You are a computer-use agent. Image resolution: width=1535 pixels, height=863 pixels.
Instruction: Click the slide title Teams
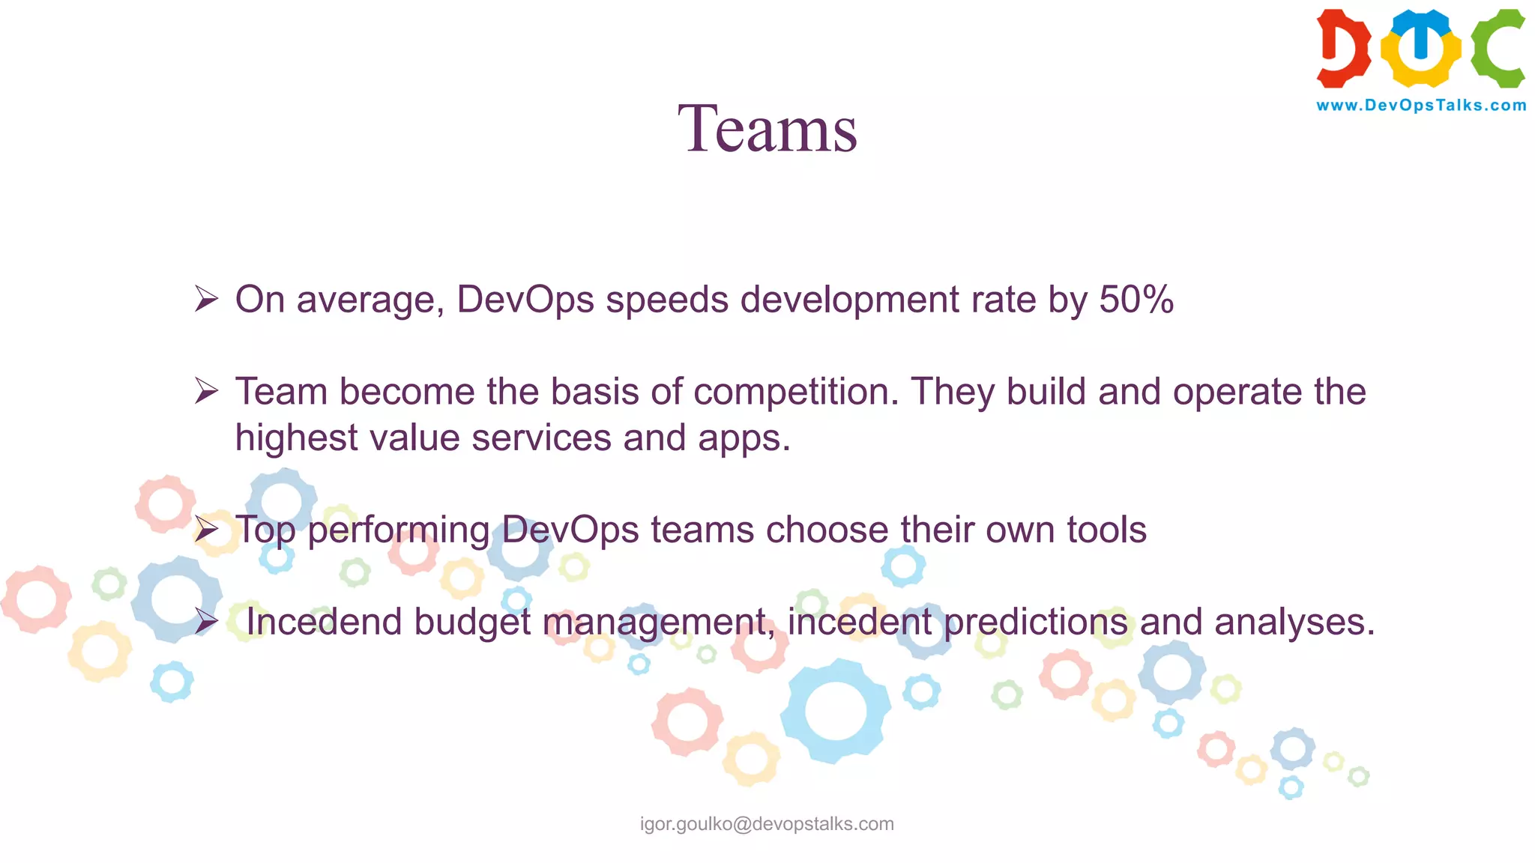pos(767,129)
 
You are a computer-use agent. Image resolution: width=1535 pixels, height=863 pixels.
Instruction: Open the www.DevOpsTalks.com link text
pos(1421,106)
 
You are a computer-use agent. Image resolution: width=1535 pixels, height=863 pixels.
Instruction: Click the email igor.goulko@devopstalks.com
pos(767,824)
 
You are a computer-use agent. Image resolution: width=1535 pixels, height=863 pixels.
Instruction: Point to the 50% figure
pos(1136,300)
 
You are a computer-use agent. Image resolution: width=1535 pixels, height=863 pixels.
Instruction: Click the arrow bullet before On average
pos(206,299)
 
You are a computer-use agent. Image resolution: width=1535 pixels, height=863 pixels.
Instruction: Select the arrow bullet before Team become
pos(206,391)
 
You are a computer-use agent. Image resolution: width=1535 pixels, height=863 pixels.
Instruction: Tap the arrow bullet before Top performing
pos(206,530)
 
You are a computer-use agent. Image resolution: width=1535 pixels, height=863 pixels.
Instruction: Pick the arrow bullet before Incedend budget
pos(206,622)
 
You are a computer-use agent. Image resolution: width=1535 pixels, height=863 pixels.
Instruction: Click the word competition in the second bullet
pos(795,392)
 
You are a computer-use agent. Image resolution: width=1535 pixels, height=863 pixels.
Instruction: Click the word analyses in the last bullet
pos(1294,622)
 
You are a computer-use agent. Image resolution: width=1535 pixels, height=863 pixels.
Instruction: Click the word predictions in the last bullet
pos(1035,622)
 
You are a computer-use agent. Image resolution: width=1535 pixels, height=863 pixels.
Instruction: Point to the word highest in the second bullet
pos(296,438)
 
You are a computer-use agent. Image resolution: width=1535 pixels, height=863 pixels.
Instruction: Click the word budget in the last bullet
pos(471,622)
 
